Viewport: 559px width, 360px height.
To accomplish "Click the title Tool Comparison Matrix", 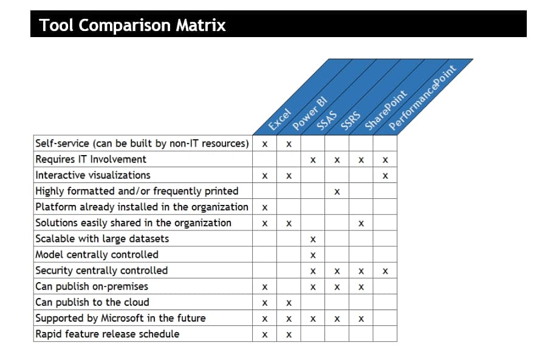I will (x=132, y=26).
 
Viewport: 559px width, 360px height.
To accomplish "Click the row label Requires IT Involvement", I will (x=91, y=159).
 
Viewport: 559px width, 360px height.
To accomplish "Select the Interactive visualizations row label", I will (x=93, y=175).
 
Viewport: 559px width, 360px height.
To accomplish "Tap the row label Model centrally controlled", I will (x=97, y=254).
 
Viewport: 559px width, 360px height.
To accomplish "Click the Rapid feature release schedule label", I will (x=108, y=333).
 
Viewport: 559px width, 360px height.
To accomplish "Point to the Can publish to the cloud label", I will (x=92, y=302).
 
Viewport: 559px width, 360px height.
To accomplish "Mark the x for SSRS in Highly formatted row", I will (x=337, y=192).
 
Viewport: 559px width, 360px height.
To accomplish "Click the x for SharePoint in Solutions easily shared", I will (x=361, y=224).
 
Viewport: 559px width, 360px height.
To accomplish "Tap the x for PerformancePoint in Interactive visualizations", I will (x=385, y=176).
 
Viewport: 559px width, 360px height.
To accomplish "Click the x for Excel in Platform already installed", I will (x=265, y=208).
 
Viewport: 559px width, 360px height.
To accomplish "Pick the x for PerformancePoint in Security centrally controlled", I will (x=385, y=271).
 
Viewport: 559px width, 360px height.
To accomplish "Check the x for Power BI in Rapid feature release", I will (x=289, y=334).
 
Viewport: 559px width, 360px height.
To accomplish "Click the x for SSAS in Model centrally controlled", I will (x=313, y=255).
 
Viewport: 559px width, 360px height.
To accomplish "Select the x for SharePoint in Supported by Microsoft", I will (x=361, y=319).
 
